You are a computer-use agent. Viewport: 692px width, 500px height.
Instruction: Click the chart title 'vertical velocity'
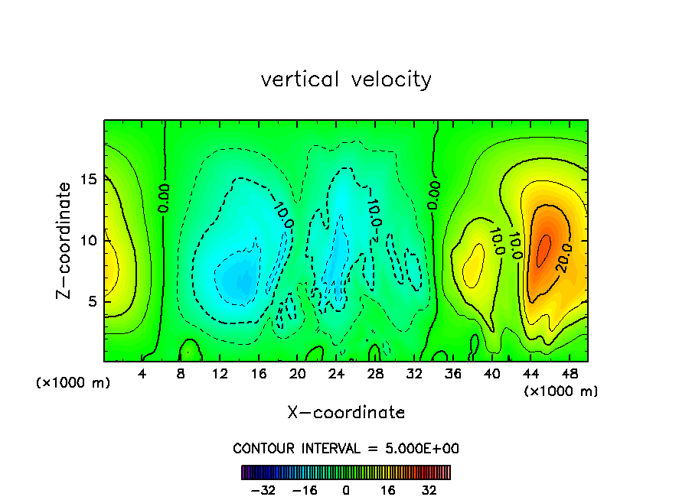point(346,80)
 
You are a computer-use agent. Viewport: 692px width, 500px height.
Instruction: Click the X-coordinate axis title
point(346,413)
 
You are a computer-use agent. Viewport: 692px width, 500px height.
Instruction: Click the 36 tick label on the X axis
point(452,374)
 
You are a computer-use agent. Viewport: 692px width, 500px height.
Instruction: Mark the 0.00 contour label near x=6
point(164,197)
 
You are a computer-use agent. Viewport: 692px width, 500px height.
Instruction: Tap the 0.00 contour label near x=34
point(435,195)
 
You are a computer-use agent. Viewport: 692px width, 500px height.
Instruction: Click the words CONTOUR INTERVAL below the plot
point(290,449)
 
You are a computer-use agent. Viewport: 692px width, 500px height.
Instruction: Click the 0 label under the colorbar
point(346,490)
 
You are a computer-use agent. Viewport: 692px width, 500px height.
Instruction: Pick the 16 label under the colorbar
point(387,490)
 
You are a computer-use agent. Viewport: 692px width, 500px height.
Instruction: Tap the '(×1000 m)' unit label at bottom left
point(73,383)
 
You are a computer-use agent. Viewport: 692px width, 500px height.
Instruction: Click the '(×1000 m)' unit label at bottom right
point(560,391)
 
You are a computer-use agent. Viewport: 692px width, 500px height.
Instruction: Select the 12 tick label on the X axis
point(220,374)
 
